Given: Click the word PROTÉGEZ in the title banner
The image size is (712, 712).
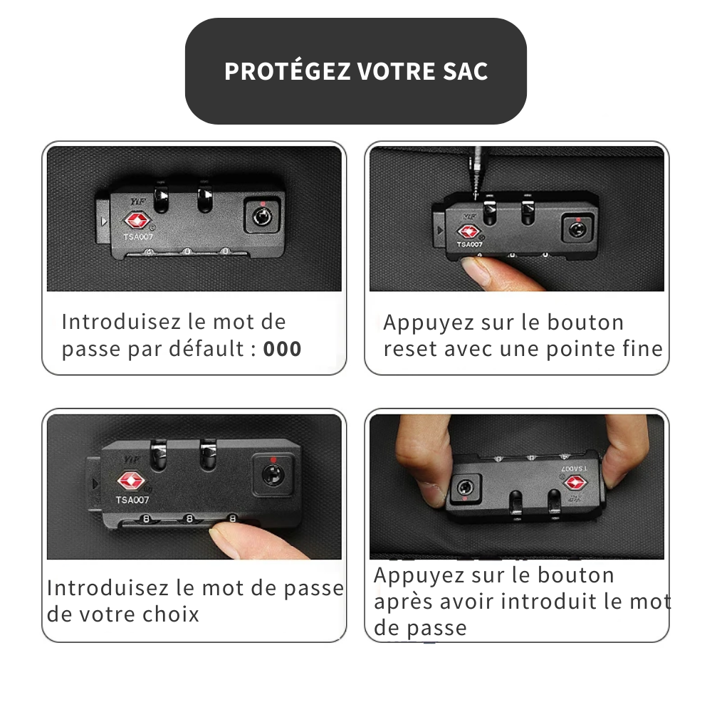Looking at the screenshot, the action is click(287, 71).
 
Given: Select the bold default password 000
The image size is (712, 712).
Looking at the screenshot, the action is click(282, 349).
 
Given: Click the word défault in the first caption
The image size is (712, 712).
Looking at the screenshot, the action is click(206, 349).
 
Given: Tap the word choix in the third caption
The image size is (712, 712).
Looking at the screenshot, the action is click(171, 614).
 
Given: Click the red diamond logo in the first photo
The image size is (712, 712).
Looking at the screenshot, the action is click(137, 221).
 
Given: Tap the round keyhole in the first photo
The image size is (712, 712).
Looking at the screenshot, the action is click(262, 216).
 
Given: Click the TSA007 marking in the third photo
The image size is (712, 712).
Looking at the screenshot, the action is click(132, 500).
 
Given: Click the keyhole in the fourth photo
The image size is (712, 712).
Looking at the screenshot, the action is click(465, 488).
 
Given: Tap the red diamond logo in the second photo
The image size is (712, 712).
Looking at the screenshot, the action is click(468, 232).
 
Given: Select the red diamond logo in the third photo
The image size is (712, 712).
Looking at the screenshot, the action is click(131, 481).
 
